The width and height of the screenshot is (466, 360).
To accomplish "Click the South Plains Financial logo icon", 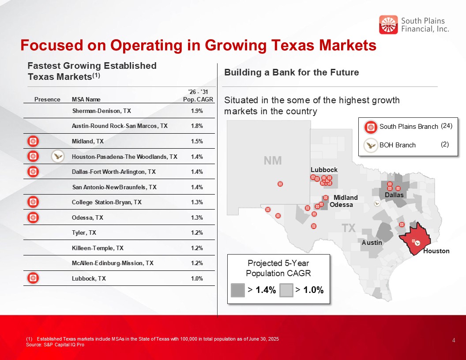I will (x=388, y=25).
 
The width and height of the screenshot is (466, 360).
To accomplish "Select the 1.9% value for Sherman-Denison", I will (x=197, y=111).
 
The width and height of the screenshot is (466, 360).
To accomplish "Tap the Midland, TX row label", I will (x=88, y=141).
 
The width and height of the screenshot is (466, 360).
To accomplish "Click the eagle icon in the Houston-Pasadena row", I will (x=58, y=156).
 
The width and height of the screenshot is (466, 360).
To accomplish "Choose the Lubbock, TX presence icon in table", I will (x=34, y=278).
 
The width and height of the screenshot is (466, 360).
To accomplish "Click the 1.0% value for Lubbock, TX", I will (x=197, y=278).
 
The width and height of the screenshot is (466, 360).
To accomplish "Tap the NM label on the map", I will (x=273, y=161).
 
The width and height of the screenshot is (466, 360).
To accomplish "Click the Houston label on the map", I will (x=436, y=251).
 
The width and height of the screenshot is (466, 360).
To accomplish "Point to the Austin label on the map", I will (x=372, y=243).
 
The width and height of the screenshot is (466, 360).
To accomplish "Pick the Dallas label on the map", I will (x=394, y=195).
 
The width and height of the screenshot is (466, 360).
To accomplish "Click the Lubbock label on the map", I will (x=324, y=170).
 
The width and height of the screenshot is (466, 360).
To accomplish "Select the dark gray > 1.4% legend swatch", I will (x=238, y=290).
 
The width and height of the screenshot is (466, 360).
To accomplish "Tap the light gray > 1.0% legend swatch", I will (x=286, y=290).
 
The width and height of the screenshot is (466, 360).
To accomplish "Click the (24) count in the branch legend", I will (x=447, y=126).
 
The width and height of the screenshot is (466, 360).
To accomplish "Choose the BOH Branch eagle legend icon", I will (x=371, y=144).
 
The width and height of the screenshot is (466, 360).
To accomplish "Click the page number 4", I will (x=454, y=340).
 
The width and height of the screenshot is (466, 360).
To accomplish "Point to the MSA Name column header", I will (x=83, y=99).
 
